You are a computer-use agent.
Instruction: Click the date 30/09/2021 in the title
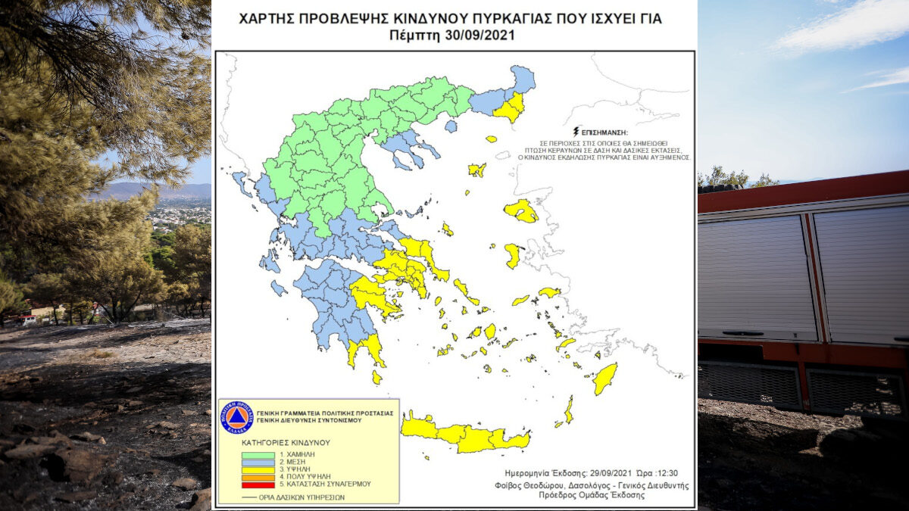(x=479, y=35)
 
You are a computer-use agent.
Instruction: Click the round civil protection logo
(x=236, y=417)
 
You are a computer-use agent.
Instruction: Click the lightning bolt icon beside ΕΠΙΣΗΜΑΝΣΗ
(x=578, y=130)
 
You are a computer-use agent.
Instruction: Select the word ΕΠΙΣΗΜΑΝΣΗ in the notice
(x=607, y=131)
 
